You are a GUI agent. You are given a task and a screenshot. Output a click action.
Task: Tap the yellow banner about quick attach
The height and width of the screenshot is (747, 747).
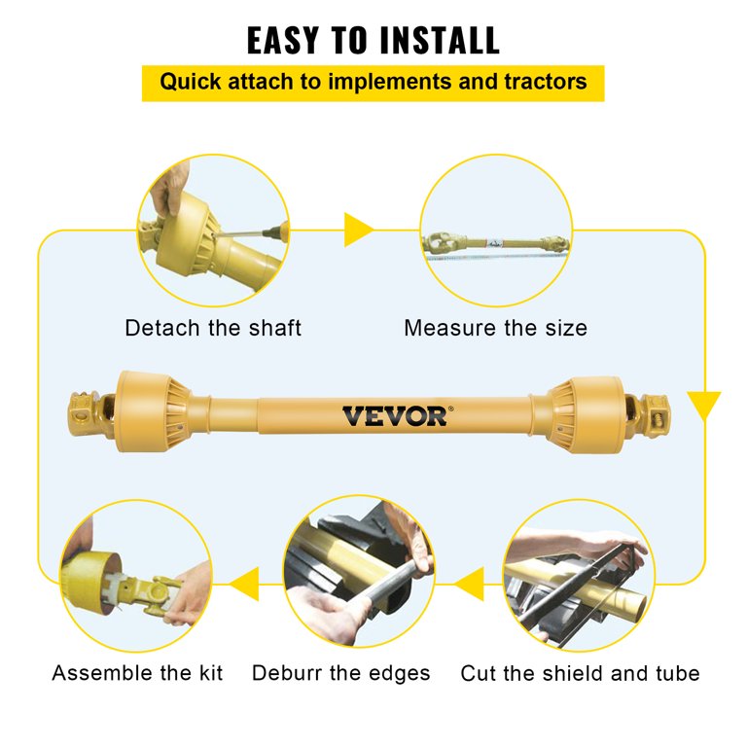coord(373,82)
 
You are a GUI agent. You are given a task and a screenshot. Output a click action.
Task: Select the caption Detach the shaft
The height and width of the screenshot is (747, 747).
coord(213,328)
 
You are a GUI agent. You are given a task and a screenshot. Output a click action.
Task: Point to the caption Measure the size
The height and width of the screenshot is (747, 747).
coord(495,328)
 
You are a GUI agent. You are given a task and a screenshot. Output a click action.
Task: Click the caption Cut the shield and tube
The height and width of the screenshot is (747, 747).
coord(580,673)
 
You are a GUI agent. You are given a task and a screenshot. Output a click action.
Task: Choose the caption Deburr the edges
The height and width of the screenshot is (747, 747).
coord(340,673)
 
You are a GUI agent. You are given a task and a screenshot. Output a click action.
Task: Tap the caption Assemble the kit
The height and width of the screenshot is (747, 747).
coord(137,673)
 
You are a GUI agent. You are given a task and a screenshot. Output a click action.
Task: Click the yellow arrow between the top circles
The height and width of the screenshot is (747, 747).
coord(358,231)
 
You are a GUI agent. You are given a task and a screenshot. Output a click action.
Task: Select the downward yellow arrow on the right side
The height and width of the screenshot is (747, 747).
coord(703,404)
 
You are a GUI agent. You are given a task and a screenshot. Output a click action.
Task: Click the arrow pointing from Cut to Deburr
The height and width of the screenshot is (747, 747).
coord(470,584)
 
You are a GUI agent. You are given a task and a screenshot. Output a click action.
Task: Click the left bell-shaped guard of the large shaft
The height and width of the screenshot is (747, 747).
coord(146,410)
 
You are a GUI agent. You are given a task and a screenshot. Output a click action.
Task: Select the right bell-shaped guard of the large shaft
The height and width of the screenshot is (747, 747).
coord(587,413)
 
